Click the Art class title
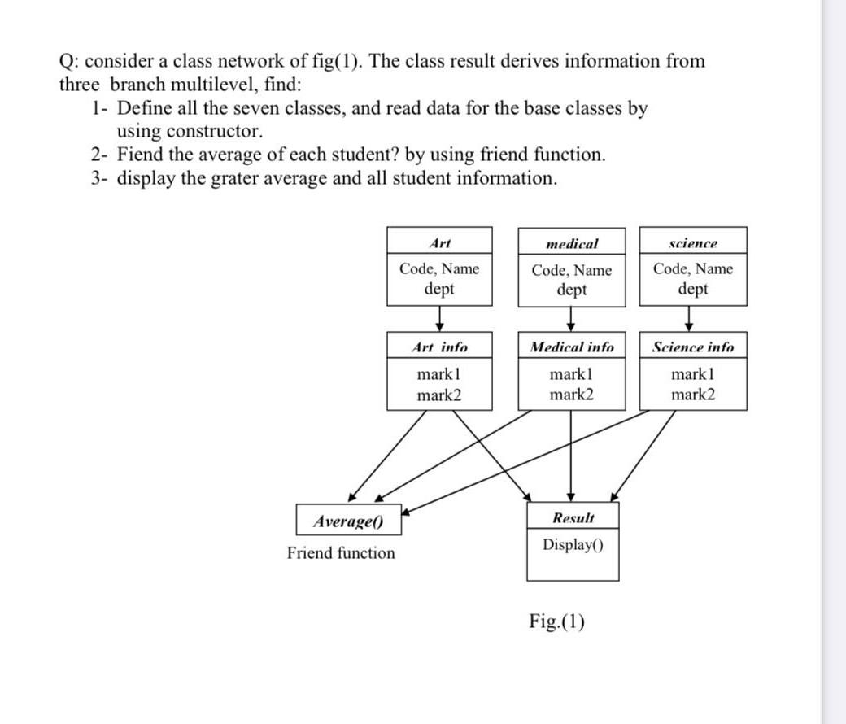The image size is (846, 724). pyautogui.click(x=439, y=242)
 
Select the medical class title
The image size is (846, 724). pyautogui.click(x=572, y=243)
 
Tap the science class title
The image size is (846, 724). pyautogui.click(x=692, y=243)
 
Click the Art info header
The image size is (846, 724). pyautogui.click(x=439, y=347)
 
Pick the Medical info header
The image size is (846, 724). pyautogui.click(x=572, y=347)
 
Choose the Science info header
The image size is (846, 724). pyautogui.click(x=693, y=347)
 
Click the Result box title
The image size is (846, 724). pyautogui.click(x=573, y=517)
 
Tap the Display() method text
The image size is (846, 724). pyautogui.click(x=573, y=544)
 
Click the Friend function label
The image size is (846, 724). pyautogui.click(x=341, y=553)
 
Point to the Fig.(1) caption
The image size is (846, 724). pyautogui.click(x=556, y=622)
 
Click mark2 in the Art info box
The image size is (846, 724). pyautogui.click(x=439, y=395)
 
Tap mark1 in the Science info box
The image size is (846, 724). pyautogui.click(x=693, y=375)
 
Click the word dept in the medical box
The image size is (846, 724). pyautogui.click(x=571, y=290)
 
